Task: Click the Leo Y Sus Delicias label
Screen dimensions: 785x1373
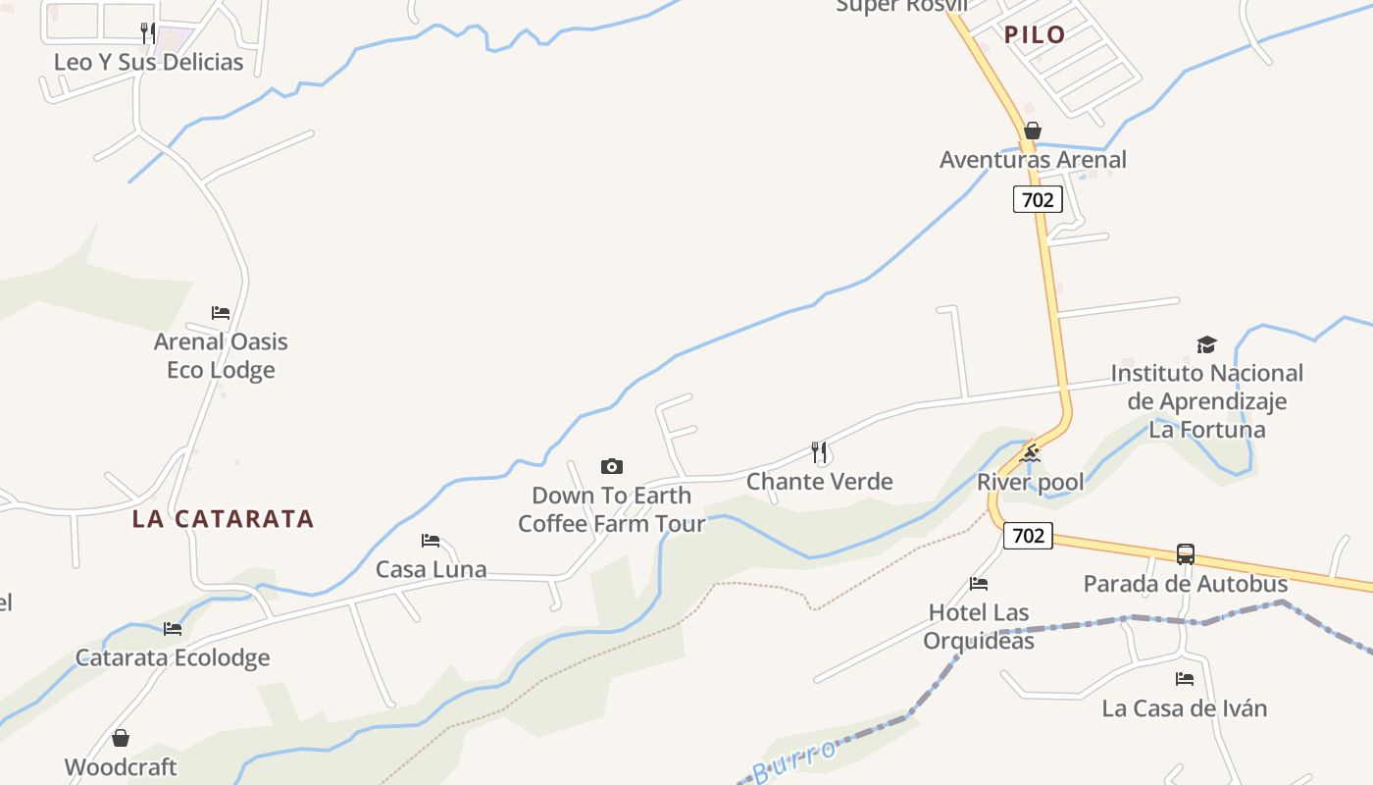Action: [x=148, y=62]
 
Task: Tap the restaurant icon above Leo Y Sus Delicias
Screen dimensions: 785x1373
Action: [x=147, y=32]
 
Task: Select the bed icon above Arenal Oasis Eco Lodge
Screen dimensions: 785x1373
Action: [x=221, y=313]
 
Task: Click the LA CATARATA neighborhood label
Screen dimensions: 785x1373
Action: [x=223, y=519]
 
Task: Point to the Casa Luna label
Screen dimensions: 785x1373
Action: [x=431, y=569]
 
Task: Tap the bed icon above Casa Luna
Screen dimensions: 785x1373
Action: [x=431, y=540]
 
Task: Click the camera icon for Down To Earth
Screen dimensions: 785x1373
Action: [x=612, y=466]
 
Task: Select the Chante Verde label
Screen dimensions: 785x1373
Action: [x=819, y=481]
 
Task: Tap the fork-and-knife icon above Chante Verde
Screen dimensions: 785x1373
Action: [x=820, y=451]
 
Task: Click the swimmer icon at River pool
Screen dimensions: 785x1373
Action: [x=1030, y=452]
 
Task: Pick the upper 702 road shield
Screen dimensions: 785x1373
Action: [x=1037, y=200]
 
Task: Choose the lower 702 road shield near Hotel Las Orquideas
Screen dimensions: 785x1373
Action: [x=1027, y=536]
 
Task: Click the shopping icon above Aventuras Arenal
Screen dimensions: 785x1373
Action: [x=1032, y=131]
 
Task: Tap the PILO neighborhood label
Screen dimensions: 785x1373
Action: [x=1035, y=35]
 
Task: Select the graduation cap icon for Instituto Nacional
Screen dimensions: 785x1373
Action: [x=1206, y=344]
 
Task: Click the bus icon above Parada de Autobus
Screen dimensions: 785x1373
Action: [x=1185, y=554]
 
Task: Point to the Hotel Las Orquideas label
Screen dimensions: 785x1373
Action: [x=979, y=626]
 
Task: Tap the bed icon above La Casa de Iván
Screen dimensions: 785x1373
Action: [x=1185, y=678]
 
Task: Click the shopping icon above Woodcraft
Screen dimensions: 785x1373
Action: [x=121, y=737]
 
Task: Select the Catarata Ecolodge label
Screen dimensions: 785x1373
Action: [x=173, y=657]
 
